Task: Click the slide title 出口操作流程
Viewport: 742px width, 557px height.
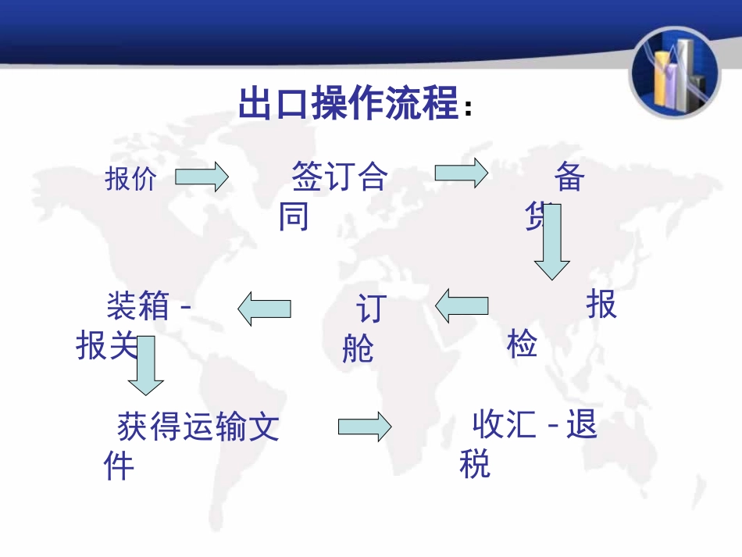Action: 348,105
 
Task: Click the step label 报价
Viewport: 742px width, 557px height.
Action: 130,180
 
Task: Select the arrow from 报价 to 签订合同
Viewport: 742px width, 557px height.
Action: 201,177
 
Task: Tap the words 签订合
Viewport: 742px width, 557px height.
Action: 339,177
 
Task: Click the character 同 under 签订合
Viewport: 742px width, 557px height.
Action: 294,216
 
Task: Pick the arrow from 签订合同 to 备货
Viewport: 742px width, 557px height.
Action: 461,173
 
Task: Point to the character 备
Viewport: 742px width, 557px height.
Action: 569,177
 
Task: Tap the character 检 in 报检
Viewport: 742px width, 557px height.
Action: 522,343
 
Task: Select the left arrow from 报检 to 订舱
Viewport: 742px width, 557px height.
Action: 462,305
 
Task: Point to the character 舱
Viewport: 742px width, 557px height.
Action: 358,348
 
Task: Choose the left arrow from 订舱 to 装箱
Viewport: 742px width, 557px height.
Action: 264,309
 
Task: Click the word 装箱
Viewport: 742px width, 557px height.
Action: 137,305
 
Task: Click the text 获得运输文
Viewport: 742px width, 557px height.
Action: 198,427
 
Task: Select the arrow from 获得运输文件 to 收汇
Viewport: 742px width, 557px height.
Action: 364,427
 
